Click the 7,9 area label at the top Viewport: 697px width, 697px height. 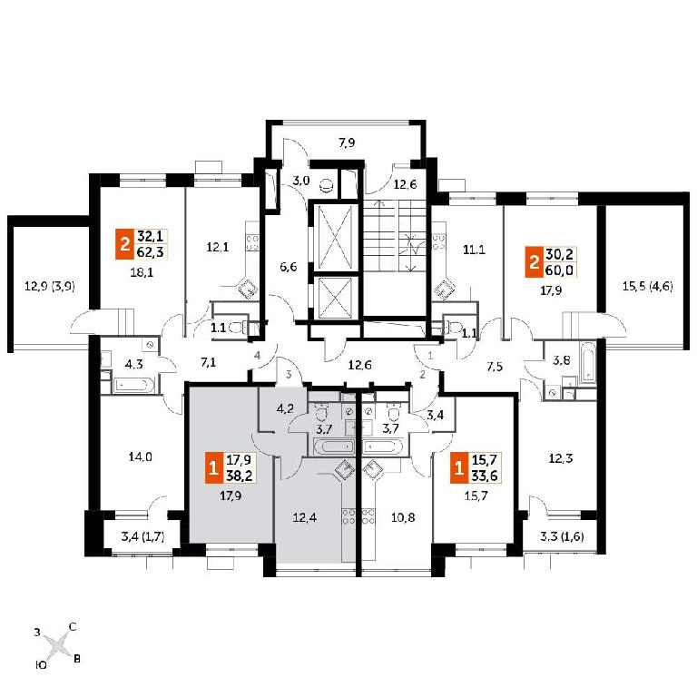point(347,143)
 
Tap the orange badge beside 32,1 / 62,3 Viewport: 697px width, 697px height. point(124,243)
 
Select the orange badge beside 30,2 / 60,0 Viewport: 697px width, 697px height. point(534,262)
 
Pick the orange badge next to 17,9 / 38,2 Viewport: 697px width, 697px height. point(213,467)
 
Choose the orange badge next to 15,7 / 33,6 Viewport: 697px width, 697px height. point(458,467)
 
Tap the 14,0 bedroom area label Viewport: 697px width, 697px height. point(141,456)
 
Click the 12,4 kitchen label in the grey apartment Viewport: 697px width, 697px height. point(305,517)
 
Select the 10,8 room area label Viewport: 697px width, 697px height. point(403,517)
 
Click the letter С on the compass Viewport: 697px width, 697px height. point(72,627)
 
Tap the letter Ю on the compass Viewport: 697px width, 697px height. point(41,665)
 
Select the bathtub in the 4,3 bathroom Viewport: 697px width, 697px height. point(133,385)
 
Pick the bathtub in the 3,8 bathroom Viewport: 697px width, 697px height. point(587,361)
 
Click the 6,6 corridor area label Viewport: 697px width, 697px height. point(288,267)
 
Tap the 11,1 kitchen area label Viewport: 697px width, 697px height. point(474,250)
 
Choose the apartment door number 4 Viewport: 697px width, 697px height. point(257,356)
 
